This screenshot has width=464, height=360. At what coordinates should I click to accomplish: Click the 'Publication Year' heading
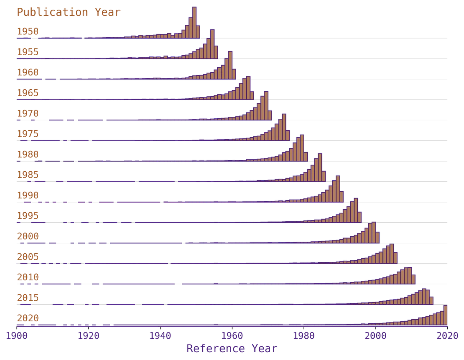[68, 12]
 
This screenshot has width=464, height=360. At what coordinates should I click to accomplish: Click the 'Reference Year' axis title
[232, 348]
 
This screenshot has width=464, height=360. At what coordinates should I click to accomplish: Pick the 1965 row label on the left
[27, 93]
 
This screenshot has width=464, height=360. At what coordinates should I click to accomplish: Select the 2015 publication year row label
[27, 298]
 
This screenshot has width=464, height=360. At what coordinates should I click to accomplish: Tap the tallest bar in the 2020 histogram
[445, 315]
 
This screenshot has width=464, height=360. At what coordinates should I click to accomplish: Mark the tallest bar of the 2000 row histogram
[374, 232]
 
